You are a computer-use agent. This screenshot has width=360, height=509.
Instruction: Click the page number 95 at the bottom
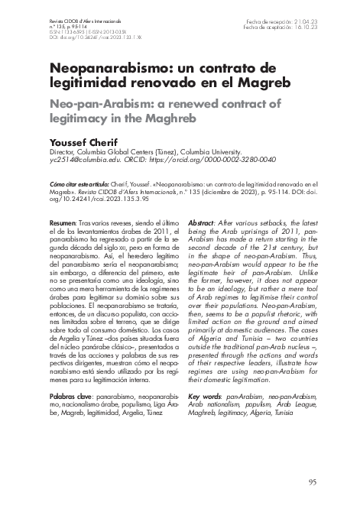pos(311,481)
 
